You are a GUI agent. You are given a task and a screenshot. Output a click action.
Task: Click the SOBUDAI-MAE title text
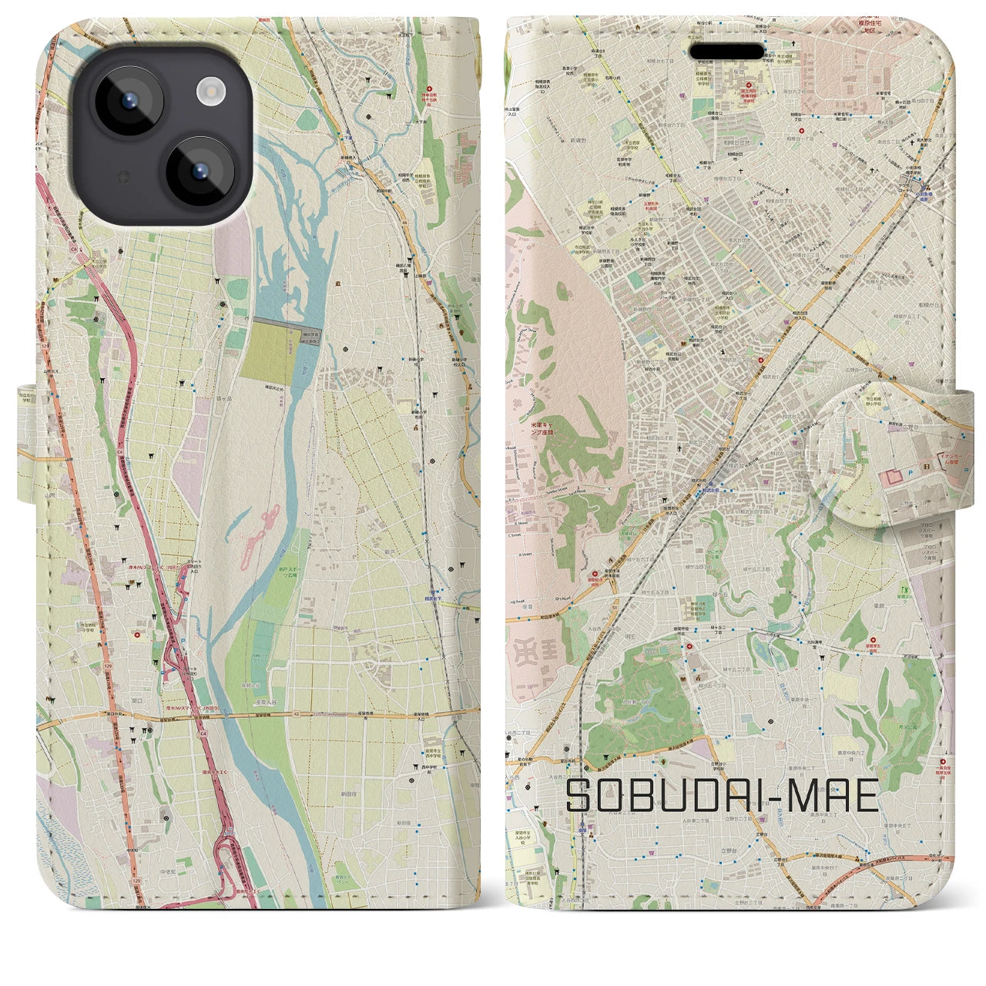(x=723, y=797)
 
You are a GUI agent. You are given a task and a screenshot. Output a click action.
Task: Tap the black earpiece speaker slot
(x=727, y=52)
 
